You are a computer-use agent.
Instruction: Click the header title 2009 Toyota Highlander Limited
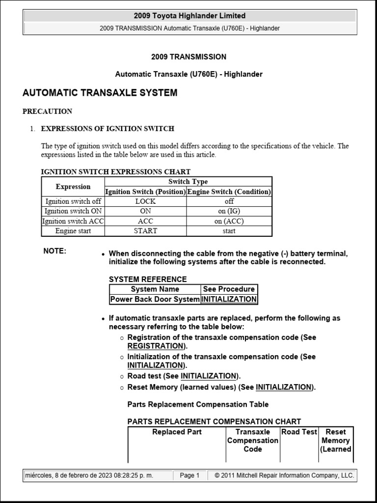190,16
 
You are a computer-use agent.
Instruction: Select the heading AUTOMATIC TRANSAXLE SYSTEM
100,93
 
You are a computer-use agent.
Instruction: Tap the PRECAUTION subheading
47,112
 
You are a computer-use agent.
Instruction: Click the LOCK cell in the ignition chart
145,201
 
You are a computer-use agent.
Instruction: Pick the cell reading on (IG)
229,211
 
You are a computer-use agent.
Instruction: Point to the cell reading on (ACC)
229,221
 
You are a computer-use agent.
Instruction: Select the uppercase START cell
145,231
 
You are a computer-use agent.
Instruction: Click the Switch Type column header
188,182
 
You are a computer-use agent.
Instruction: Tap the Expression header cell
73,187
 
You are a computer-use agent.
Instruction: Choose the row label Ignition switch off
73,201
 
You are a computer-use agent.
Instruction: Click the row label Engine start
73,231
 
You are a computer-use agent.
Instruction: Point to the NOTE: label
54,251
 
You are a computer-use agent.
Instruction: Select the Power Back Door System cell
155,299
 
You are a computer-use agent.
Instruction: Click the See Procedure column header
229,289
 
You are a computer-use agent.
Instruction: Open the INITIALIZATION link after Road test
209,376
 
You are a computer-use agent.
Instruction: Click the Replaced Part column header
177,432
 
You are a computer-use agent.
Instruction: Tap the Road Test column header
299,432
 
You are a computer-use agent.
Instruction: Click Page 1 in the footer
189,475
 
